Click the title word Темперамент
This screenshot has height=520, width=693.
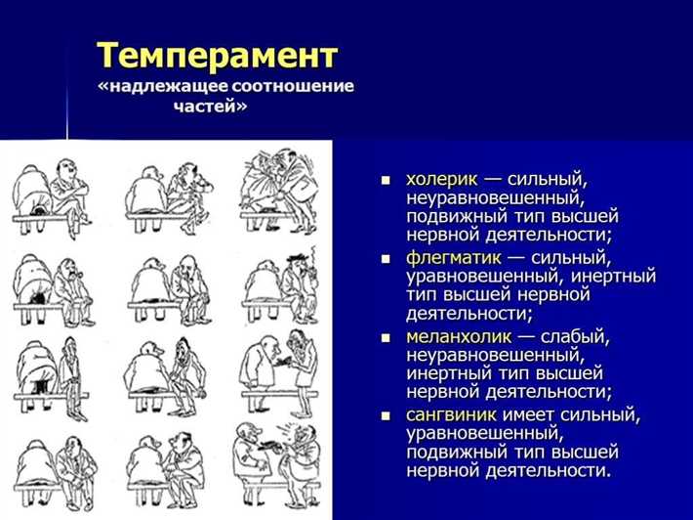click(x=218, y=54)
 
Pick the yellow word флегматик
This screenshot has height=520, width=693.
click(x=454, y=258)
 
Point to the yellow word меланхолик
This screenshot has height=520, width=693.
click(x=459, y=336)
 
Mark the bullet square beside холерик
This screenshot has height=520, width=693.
click(x=386, y=182)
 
